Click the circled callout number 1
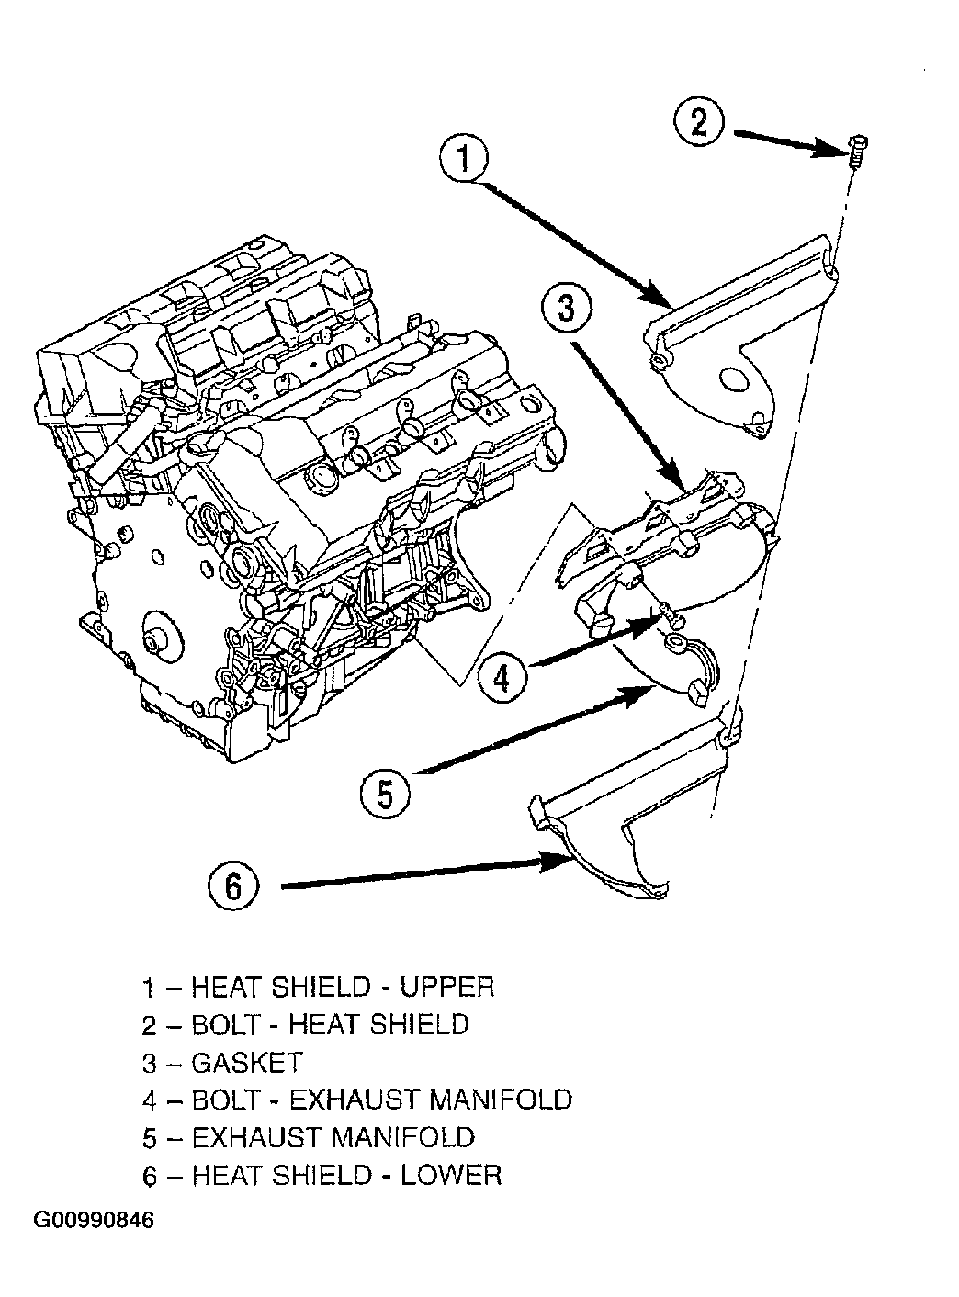[x=464, y=159]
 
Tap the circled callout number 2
[x=698, y=122]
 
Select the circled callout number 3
[x=566, y=308]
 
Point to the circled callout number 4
[x=502, y=678]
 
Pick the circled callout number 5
[x=385, y=795]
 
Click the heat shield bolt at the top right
[x=857, y=152]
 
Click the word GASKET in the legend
[x=247, y=1063]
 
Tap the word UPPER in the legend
[x=447, y=987]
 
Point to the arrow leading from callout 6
[x=425, y=873]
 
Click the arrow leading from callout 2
[x=791, y=143]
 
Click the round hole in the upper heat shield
[x=733, y=380]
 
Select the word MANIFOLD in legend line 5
[x=403, y=1137]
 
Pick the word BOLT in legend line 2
[x=226, y=1024]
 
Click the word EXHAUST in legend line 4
[x=354, y=1100]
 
